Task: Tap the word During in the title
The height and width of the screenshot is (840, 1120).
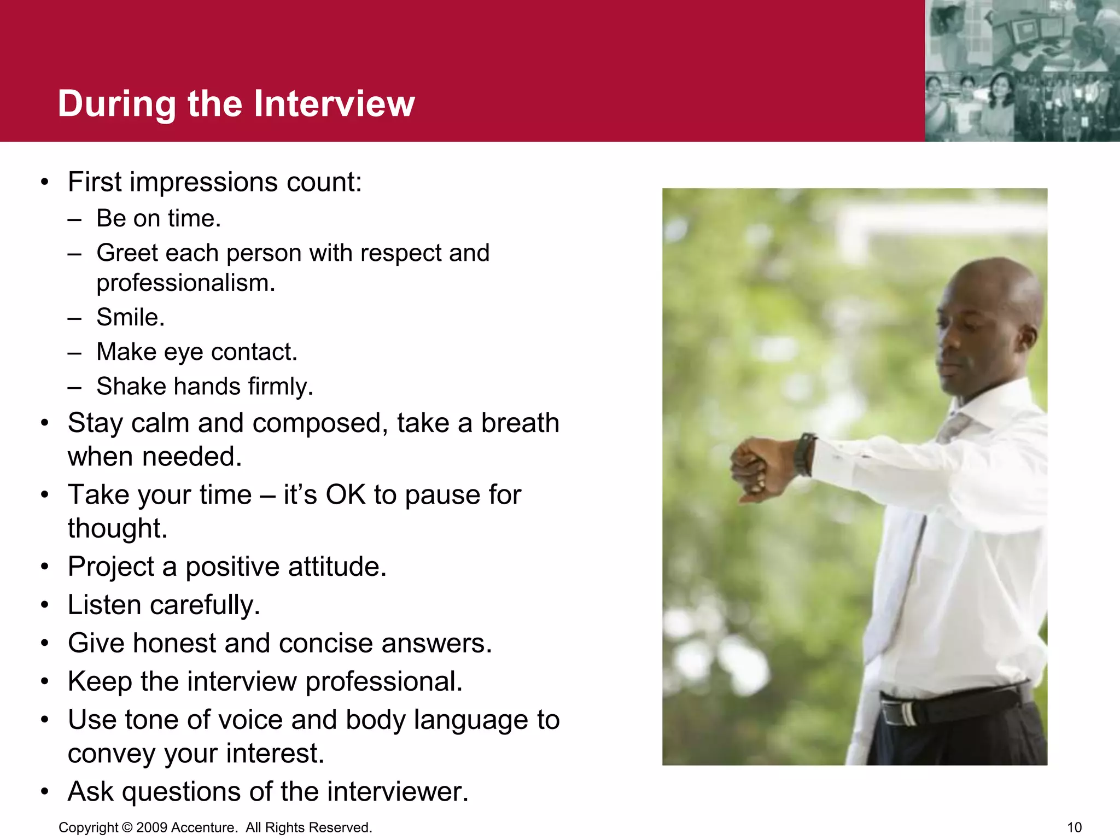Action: click(116, 103)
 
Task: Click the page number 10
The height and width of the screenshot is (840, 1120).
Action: click(1074, 827)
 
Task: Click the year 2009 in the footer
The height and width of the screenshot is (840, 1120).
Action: click(152, 827)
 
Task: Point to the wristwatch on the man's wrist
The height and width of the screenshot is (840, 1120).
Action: click(804, 454)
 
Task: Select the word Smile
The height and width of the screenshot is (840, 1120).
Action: click(130, 317)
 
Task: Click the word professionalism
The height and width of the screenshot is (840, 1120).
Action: click(185, 283)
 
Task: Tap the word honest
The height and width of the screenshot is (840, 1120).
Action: click(174, 643)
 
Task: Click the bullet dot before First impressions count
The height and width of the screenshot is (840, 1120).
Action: click(45, 182)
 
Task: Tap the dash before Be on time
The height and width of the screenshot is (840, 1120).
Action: click(75, 219)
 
